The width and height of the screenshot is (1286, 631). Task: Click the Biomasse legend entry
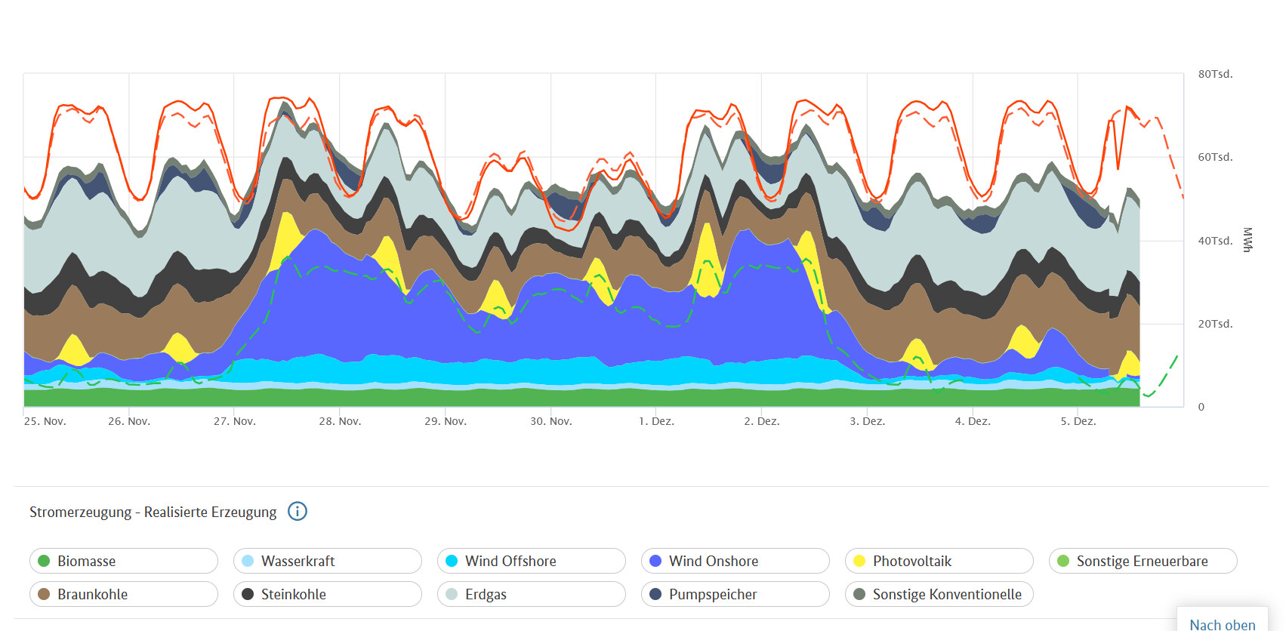124,561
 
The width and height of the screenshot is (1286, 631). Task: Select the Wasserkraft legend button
327,561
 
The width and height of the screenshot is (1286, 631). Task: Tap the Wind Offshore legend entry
531,561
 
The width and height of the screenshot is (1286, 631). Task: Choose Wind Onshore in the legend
735,561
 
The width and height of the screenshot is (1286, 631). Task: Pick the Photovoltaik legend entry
939,561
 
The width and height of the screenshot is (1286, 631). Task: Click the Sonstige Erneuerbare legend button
1143,561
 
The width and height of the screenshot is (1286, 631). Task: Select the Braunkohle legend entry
124,594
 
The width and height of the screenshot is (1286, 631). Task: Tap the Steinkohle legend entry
327,594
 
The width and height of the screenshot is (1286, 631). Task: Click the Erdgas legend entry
531,594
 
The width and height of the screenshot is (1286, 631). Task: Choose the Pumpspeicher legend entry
735,594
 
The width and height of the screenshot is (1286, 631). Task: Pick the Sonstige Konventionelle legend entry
939,594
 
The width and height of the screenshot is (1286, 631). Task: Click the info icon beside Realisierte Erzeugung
298,512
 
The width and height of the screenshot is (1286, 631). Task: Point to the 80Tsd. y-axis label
1215,74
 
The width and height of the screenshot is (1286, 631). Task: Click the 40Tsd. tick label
1215,241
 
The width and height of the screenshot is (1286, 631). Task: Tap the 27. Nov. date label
235,421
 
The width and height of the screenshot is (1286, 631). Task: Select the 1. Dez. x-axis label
656,421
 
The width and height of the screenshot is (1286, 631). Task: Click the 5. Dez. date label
1078,421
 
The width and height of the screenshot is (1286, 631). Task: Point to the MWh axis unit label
1247,240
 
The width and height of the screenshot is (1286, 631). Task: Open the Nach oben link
1222,624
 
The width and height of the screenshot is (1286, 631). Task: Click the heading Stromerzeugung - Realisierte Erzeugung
153,512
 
